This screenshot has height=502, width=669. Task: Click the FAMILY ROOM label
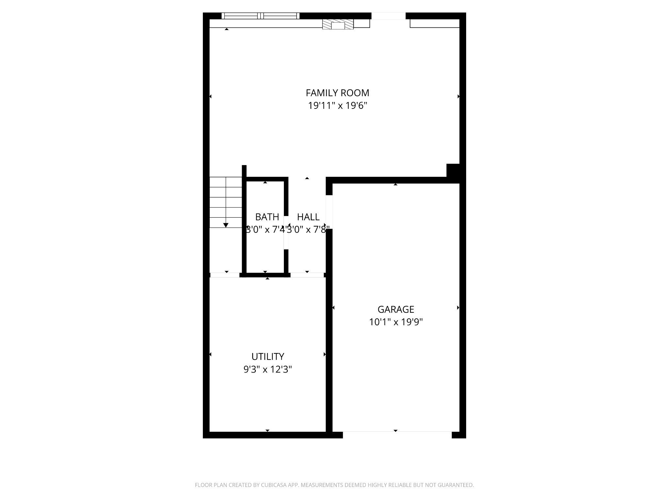click(337, 93)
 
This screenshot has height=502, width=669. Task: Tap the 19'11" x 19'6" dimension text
click(338, 106)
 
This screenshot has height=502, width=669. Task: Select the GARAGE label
click(396, 309)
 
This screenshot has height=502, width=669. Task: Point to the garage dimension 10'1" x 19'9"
click(396, 322)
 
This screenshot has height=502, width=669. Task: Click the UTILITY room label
click(268, 356)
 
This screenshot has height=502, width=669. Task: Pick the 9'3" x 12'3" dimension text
click(268, 369)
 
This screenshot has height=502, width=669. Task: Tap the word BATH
click(267, 217)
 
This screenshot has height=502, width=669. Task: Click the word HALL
click(308, 217)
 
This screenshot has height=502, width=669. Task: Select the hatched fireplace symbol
click(338, 24)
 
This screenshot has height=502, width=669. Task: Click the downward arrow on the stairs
click(226, 225)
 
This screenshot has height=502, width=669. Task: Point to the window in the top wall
click(260, 16)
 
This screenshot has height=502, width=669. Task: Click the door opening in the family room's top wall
click(388, 16)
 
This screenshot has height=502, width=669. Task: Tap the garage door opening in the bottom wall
click(397, 435)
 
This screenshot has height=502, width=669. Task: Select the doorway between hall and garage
click(329, 212)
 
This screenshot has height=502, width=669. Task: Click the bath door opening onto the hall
click(286, 232)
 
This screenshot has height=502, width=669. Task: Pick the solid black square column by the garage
click(453, 170)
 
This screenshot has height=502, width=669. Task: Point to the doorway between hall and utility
click(307, 275)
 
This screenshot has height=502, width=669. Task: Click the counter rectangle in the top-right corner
click(434, 23)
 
